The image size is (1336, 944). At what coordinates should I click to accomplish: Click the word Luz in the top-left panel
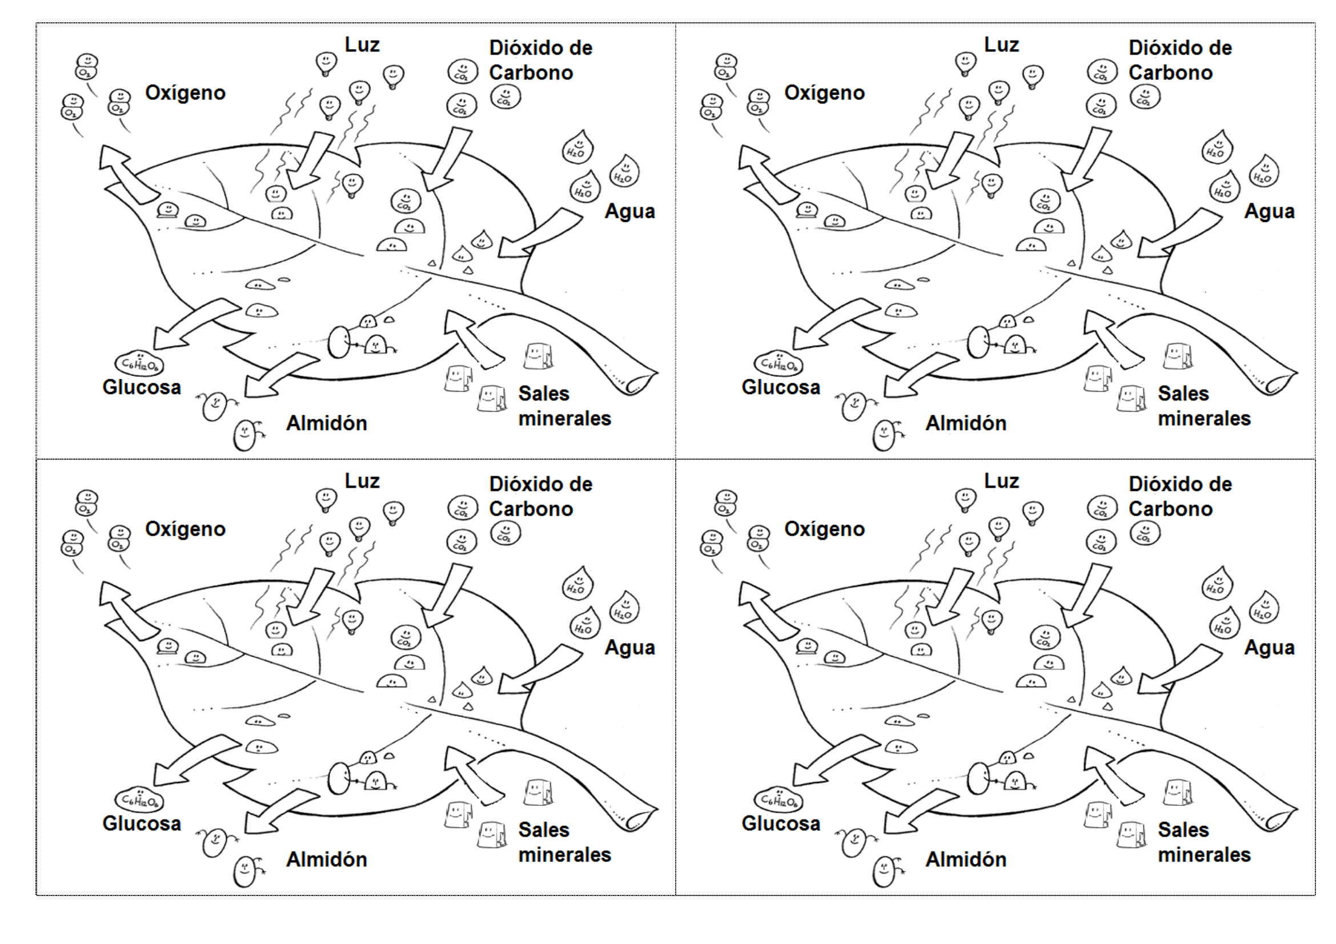tap(362, 45)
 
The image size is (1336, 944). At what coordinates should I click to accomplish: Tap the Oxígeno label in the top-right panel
tap(824, 93)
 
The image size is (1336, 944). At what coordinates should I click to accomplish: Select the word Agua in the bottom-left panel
tap(629, 648)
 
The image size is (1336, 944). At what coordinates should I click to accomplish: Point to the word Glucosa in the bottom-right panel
tap(780, 824)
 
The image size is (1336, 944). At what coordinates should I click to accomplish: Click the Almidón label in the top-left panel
tap(327, 423)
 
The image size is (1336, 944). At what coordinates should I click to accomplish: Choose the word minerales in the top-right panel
tap(1204, 419)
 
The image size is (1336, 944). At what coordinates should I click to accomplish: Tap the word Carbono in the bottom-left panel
tap(531, 509)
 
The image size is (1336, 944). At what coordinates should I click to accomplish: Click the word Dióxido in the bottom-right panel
tap(1158, 484)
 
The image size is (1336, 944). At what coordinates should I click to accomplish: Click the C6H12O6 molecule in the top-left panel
tap(139, 364)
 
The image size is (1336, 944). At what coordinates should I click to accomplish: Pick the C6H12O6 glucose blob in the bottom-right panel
tap(779, 800)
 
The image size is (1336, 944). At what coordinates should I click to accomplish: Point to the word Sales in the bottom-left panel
tap(543, 830)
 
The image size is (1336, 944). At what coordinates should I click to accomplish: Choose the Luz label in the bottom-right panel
tap(1001, 481)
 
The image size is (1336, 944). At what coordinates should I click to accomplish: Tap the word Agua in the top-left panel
tap(629, 211)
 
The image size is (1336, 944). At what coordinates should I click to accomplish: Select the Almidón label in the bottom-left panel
tap(327, 859)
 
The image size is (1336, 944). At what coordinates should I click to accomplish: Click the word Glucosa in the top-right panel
tap(780, 387)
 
